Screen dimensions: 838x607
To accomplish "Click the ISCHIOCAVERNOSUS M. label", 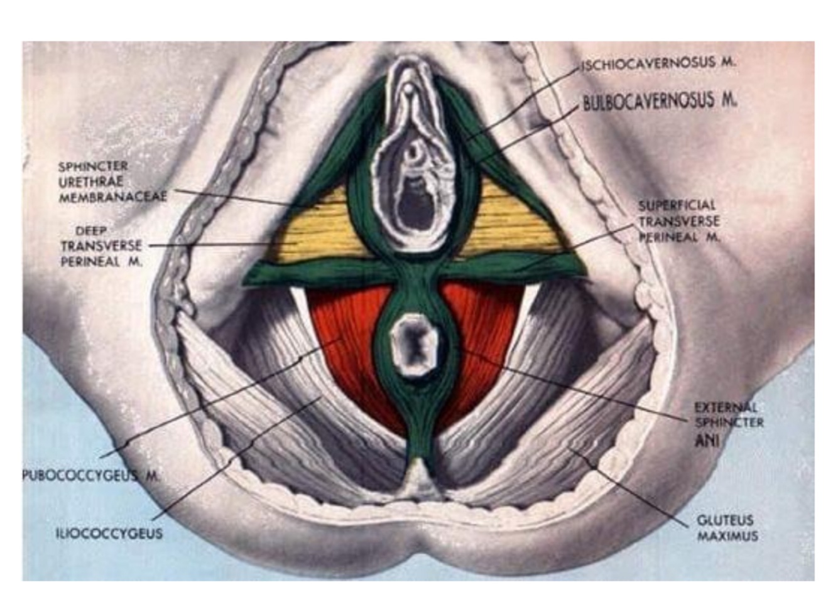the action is coord(658,63).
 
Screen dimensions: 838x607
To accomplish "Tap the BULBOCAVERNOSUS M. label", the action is coord(660,101).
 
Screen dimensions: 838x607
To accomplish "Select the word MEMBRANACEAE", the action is coord(113,197).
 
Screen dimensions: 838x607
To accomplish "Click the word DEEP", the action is coord(91,231).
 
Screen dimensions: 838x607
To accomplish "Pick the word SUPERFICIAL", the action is coord(677,205).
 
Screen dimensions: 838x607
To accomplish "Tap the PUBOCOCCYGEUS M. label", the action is coord(90,475).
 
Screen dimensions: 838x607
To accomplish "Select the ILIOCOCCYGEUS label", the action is coord(109,534).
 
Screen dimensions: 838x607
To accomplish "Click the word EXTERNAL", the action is coord(726,407).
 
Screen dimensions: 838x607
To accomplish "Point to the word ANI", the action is coord(707,441).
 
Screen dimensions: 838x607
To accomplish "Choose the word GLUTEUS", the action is coord(724,520).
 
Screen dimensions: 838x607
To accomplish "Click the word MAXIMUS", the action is coord(727,536).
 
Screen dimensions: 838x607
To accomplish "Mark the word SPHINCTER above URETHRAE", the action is coord(93,166).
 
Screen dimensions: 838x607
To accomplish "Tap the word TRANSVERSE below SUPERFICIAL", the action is coord(679,222).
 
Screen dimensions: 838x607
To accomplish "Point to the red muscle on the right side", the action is coord(484,326).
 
